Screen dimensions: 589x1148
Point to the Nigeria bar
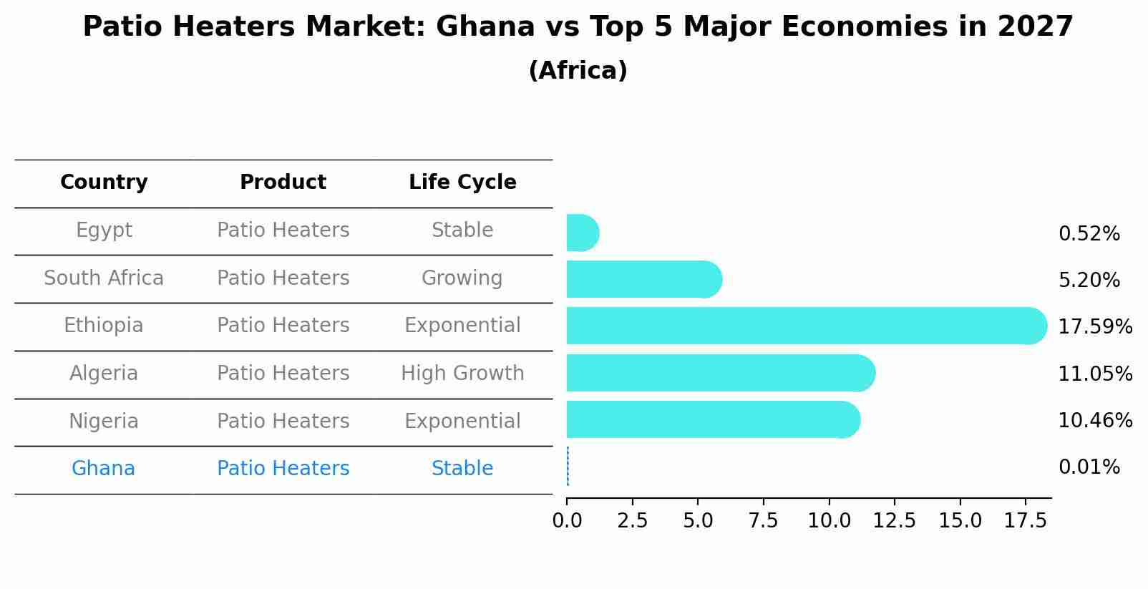[713, 419]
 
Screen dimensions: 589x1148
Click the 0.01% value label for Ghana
[1089, 467]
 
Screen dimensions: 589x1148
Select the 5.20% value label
[1089, 280]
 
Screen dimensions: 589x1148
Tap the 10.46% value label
[1094, 420]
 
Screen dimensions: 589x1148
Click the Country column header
[104, 182]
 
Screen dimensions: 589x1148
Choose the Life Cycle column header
[462, 182]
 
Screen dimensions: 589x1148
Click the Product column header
[283, 182]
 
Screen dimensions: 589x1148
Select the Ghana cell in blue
[103, 469]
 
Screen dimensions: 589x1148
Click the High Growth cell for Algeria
[462, 374]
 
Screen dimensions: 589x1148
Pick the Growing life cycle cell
[462, 278]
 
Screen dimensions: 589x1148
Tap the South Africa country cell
[104, 278]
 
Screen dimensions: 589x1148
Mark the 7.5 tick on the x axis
[763, 520]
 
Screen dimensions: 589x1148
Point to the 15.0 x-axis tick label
[960, 520]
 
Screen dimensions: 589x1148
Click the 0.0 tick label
[567, 520]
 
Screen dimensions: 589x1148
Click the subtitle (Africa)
[578, 71]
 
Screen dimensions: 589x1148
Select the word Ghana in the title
[485, 27]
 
